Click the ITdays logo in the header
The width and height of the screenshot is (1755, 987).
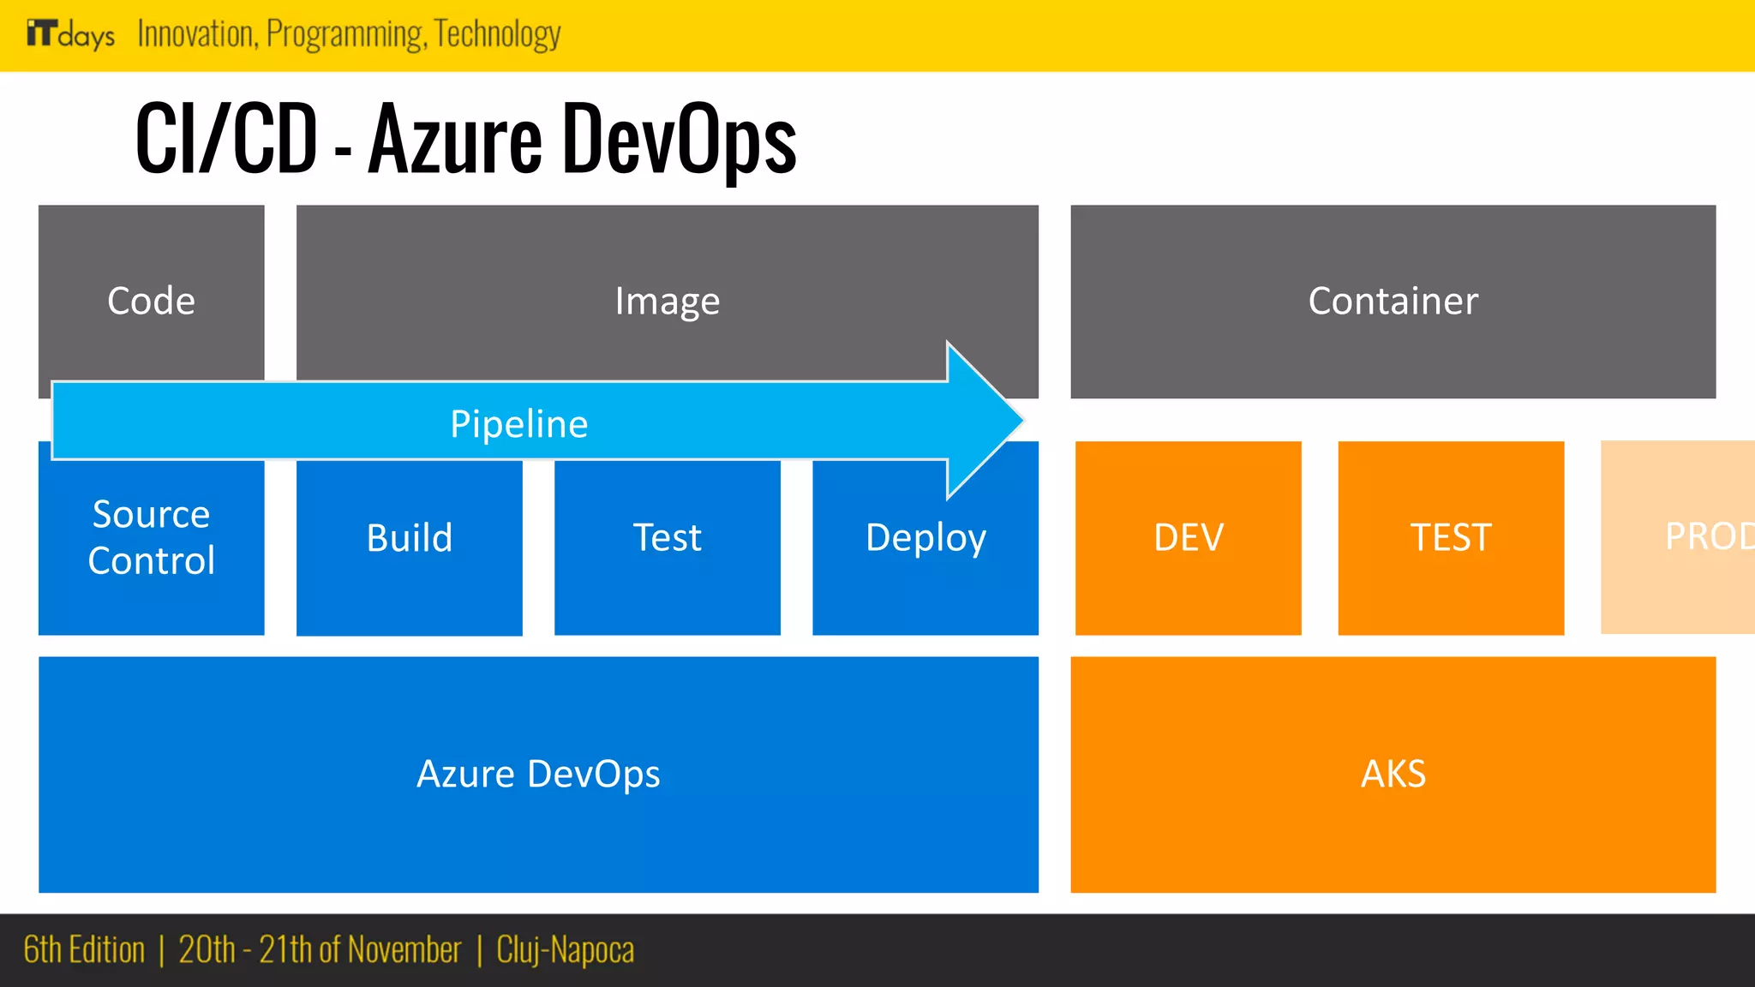[70, 34]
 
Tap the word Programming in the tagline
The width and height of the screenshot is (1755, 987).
[344, 34]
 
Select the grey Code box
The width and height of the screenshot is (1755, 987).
[151, 300]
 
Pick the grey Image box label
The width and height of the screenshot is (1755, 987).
[667, 302]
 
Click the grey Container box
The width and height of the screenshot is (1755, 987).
[1393, 301]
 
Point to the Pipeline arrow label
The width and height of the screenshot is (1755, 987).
[519, 424]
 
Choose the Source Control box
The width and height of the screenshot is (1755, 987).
[151, 538]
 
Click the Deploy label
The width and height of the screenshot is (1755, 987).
[925, 538]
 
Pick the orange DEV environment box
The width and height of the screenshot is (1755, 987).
[1188, 538]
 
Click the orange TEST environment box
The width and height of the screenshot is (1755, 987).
[1451, 538]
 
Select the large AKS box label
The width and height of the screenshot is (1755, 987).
[1393, 775]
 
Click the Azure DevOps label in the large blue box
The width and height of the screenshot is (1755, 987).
[538, 775]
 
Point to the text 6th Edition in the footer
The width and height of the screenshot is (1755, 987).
[84, 950]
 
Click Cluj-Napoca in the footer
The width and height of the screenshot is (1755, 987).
[566, 950]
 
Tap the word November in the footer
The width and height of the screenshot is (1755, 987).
[404, 950]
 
